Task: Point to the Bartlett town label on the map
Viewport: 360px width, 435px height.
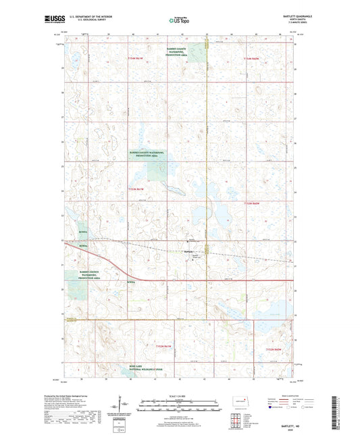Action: tap(189, 253)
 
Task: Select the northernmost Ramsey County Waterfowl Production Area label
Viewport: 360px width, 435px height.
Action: tap(179, 53)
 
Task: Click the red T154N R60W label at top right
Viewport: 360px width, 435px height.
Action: tap(254, 60)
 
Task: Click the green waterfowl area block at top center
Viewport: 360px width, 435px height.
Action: tap(197, 52)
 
